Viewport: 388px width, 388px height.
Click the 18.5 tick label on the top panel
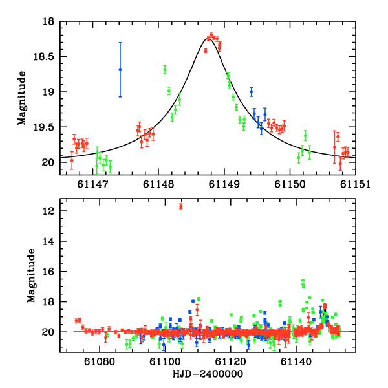[x=46, y=57]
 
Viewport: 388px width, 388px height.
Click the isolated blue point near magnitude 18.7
[x=120, y=69]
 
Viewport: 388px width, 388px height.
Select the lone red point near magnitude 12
[x=181, y=206]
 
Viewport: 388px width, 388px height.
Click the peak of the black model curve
[x=206, y=39]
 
